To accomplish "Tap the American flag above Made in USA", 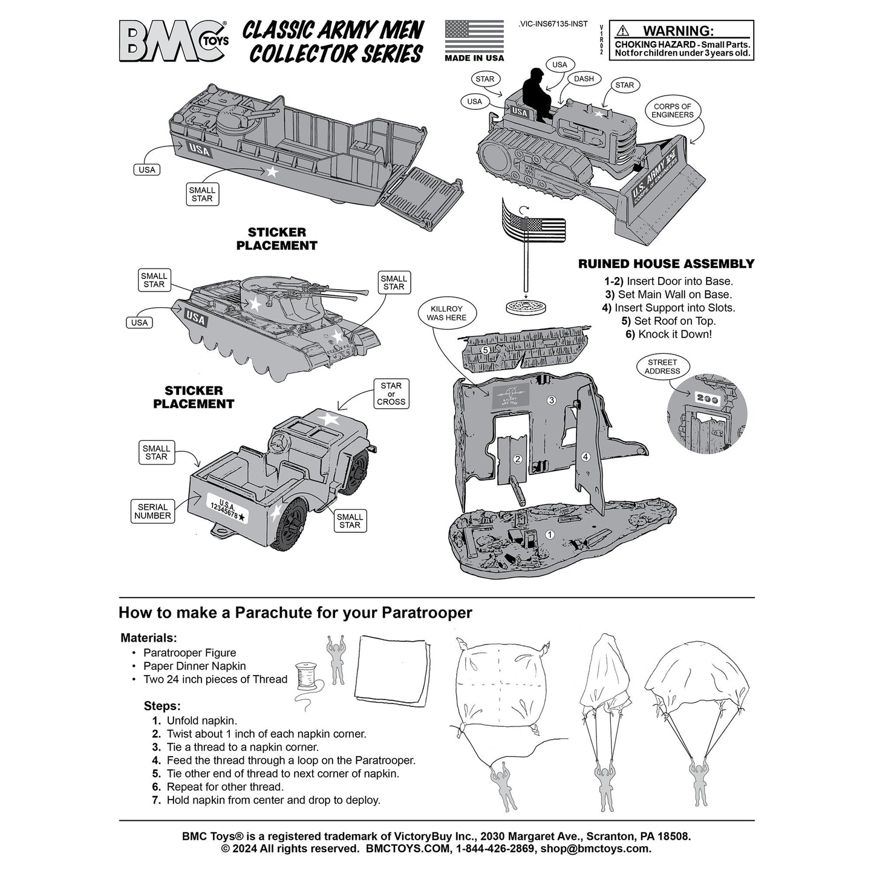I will tap(474, 36).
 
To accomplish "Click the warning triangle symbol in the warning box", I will tap(623, 31).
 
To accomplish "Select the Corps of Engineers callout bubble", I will tap(673, 111).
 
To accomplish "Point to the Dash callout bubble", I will tap(584, 79).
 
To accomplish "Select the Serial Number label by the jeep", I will tap(152, 512).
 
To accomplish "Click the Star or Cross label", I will tap(391, 394).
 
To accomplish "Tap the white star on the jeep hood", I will tap(328, 419).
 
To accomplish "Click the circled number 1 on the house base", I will tap(549, 535).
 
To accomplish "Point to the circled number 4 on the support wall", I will tap(585, 457).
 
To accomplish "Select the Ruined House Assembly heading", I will tap(666, 264).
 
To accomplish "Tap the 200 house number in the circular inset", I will tap(706, 399).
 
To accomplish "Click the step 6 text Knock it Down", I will tap(668, 334).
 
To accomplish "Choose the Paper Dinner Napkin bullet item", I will tap(194, 666).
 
